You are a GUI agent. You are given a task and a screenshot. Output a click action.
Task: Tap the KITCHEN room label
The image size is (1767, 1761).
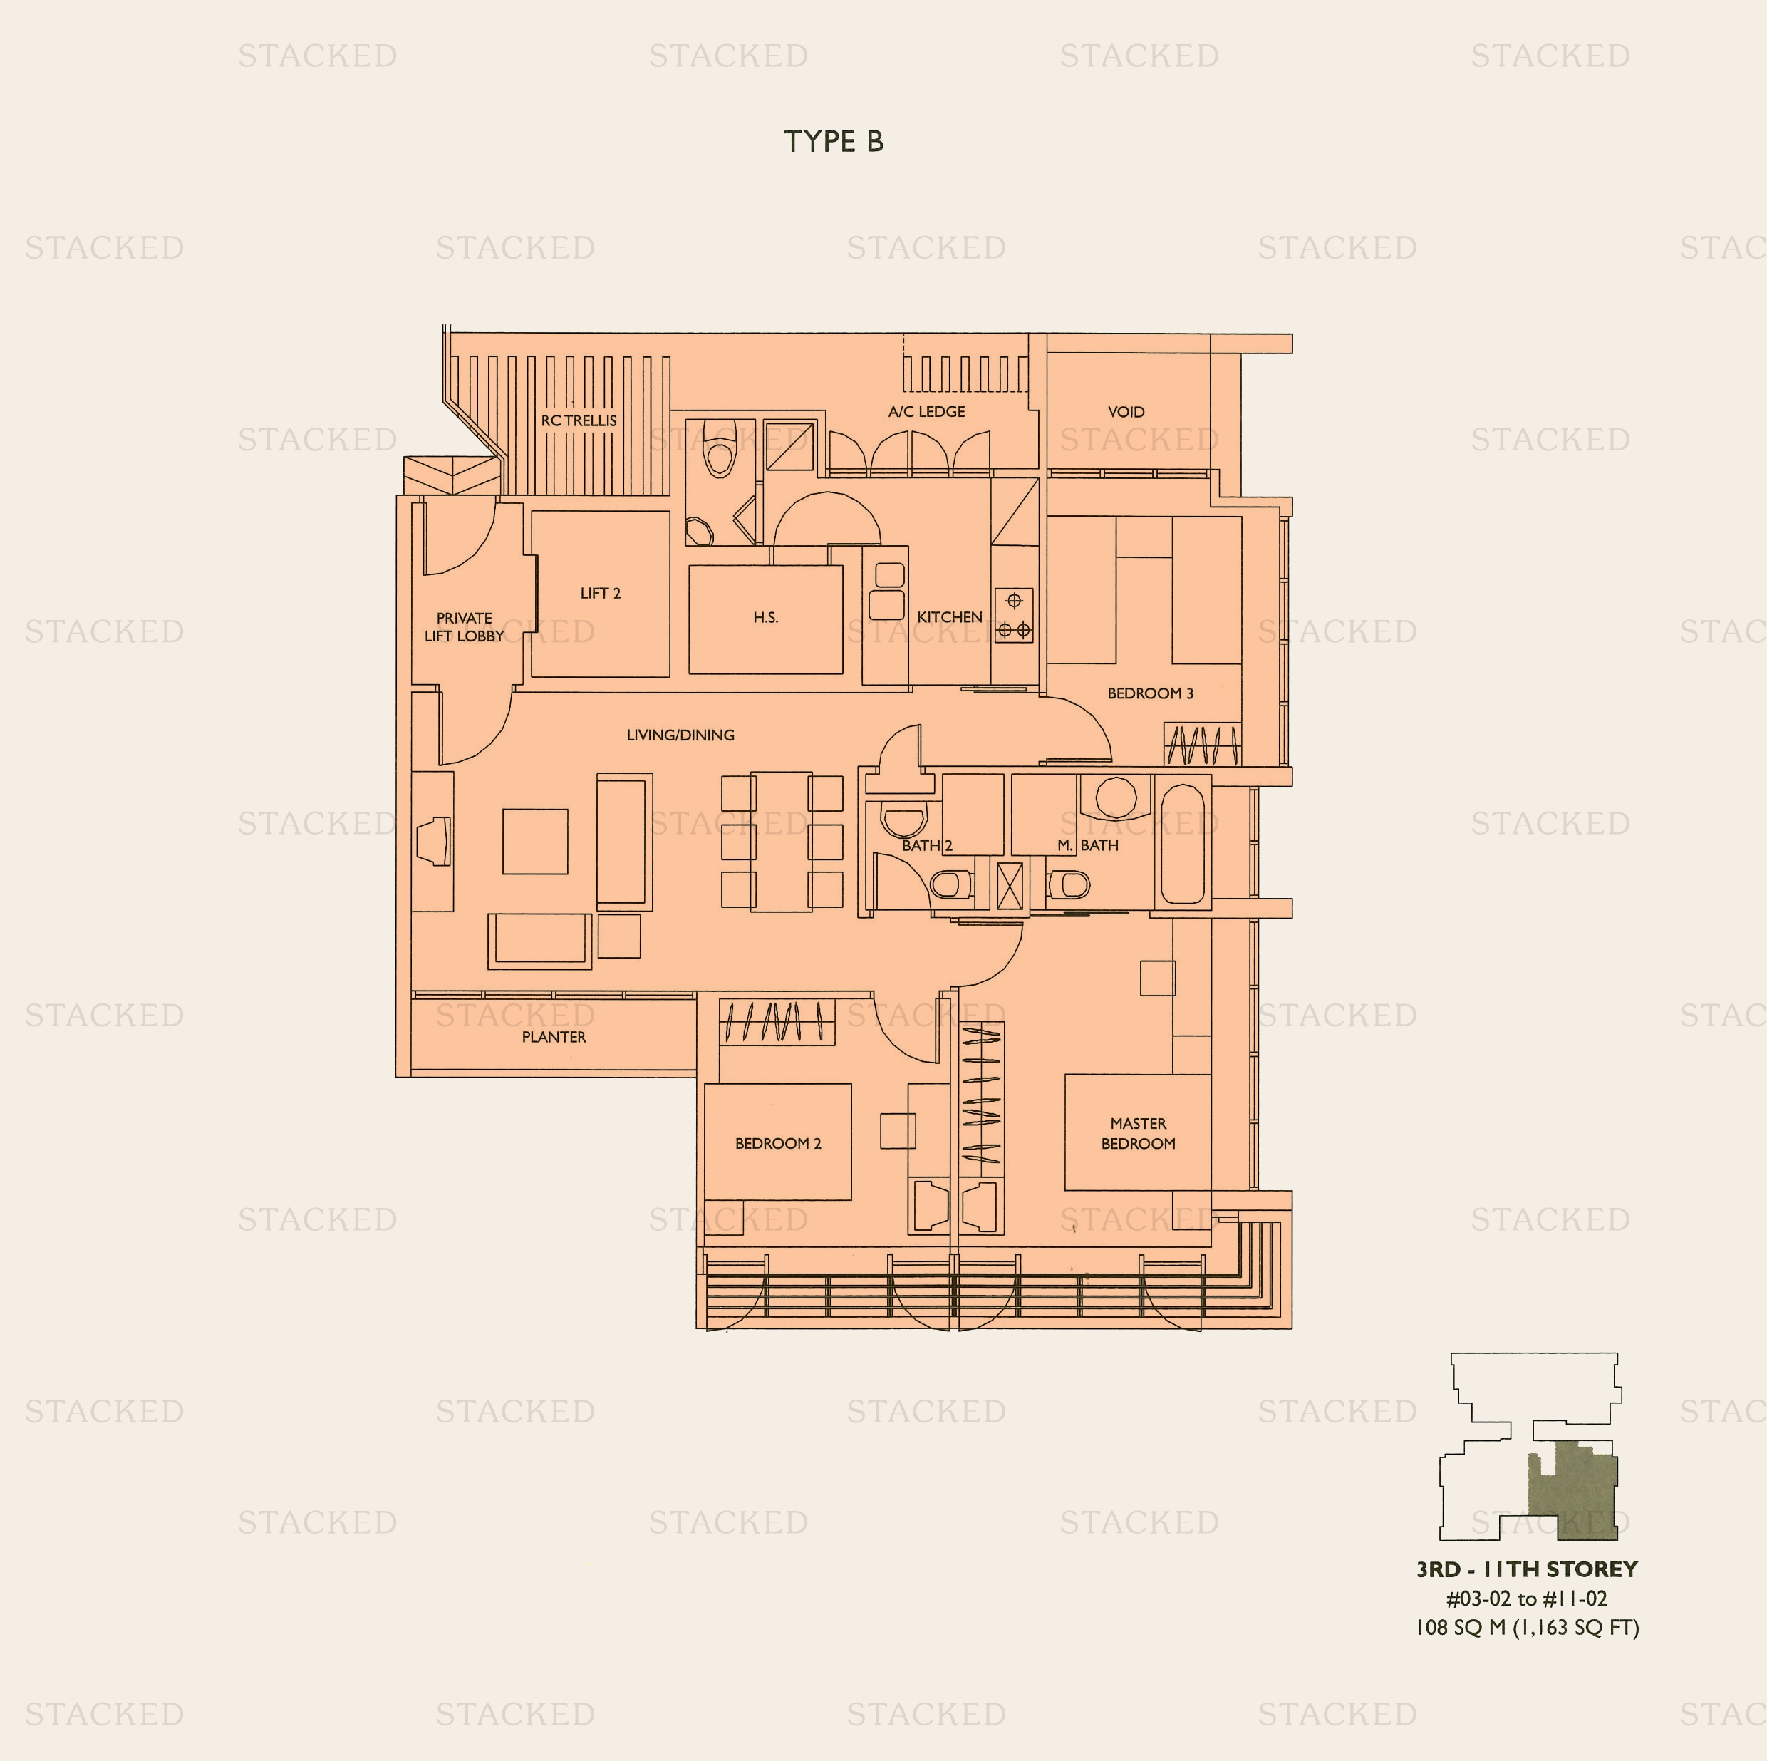(x=949, y=617)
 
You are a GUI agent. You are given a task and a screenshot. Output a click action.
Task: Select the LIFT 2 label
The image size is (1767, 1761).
(x=600, y=594)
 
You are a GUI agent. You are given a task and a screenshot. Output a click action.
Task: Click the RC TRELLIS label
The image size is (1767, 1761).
(x=579, y=420)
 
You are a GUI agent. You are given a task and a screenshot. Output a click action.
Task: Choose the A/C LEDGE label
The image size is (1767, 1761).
(x=926, y=412)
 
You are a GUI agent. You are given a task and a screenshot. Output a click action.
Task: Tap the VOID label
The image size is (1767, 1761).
(x=1126, y=413)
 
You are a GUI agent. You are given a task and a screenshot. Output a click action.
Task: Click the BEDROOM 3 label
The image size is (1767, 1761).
(x=1151, y=693)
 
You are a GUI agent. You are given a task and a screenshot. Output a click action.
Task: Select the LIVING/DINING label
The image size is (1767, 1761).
(x=680, y=735)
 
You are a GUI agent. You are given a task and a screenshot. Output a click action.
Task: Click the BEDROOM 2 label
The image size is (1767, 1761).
(x=778, y=1144)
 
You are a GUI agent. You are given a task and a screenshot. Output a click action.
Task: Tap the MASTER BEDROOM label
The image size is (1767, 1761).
(x=1138, y=1133)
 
